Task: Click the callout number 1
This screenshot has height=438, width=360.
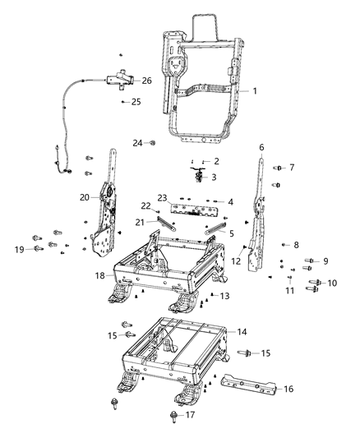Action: tap(255, 90)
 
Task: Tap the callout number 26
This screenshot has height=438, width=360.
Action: tap(146, 81)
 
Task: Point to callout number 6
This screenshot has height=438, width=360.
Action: tap(261, 148)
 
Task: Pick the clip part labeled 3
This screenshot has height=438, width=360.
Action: tap(198, 173)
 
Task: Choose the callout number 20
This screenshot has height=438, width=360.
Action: tap(84, 197)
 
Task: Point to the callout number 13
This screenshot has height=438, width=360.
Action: tap(223, 295)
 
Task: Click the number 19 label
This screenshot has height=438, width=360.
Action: tap(18, 248)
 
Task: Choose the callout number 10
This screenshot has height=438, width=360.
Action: tap(332, 283)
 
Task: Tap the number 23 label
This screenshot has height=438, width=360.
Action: tap(162, 197)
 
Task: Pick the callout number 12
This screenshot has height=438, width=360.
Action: tap(235, 260)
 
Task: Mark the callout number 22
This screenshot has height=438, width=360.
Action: tap(145, 205)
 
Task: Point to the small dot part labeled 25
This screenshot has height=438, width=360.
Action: tap(123, 102)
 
